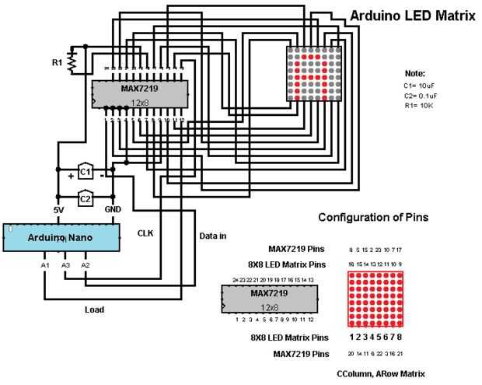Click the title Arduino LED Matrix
[x=412, y=15]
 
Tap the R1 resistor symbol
[x=72, y=60]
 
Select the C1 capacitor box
[x=86, y=170]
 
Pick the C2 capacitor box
[x=86, y=198]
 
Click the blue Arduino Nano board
[x=62, y=236]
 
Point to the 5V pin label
[x=58, y=211]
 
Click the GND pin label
[x=113, y=211]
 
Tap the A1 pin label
[x=45, y=266]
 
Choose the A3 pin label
[x=66, y=266]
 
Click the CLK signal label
[x=145, y=233]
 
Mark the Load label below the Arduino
[x=94, y=310]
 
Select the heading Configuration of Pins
[x=372, y=217]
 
